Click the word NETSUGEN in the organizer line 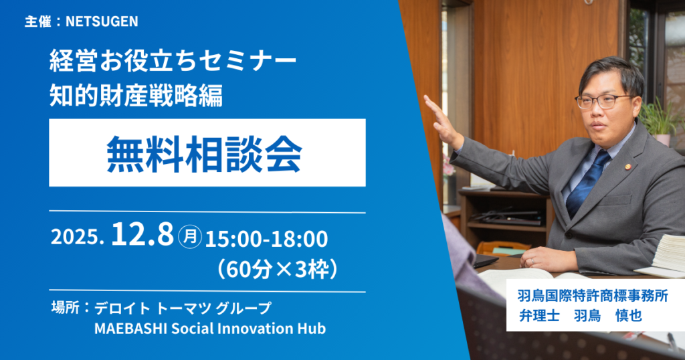102,21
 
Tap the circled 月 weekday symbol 190,237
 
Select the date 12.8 142,235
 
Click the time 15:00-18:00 266,239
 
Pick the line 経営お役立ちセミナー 173,62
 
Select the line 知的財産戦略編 136,95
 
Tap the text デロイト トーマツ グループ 183,308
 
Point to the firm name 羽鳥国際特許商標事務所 593,296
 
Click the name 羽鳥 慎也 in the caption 608,315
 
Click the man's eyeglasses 603,101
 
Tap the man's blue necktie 587,183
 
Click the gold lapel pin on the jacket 628,166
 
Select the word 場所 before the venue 66,308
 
